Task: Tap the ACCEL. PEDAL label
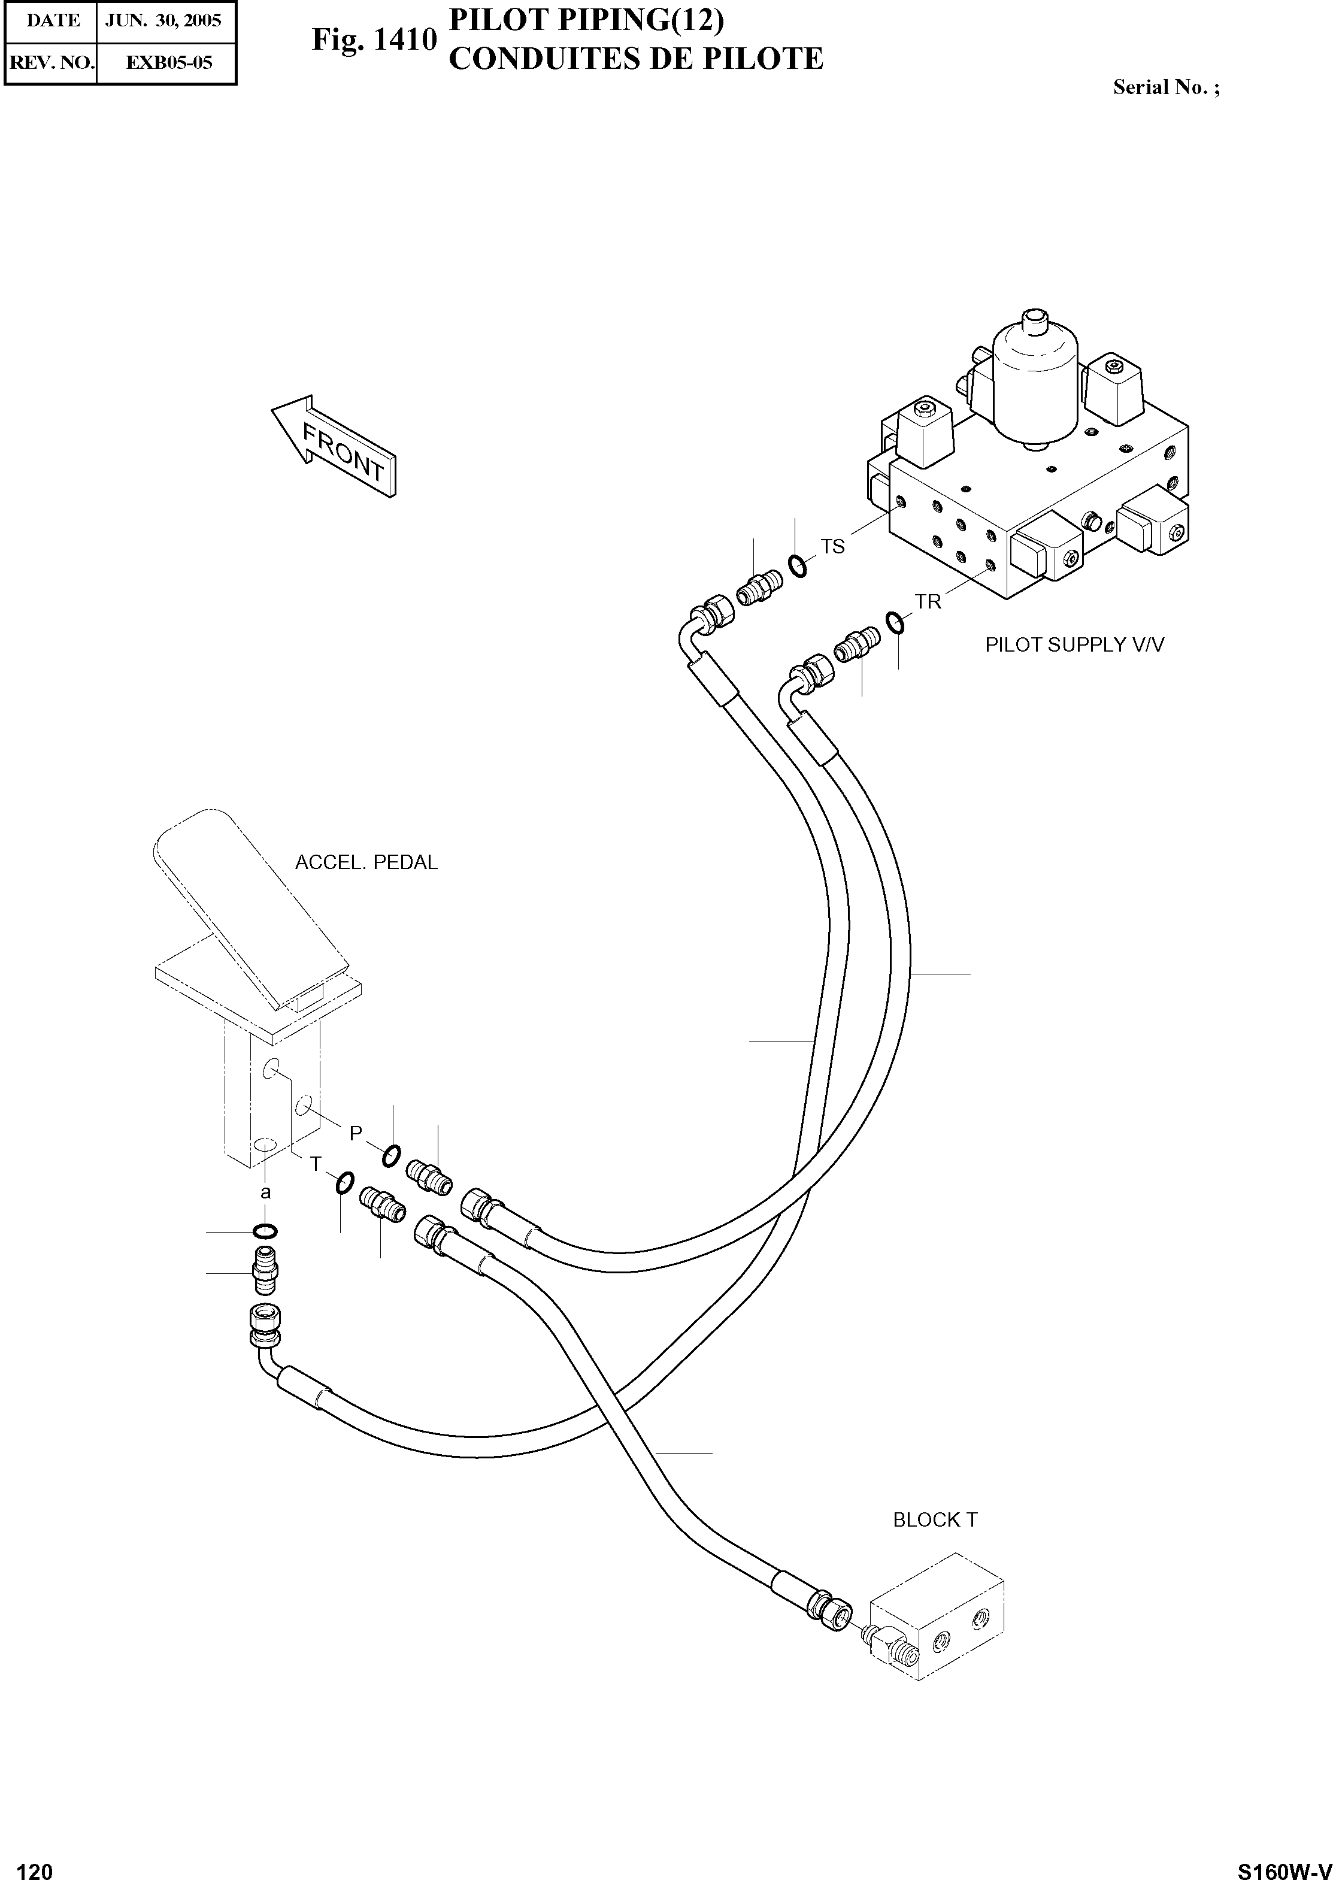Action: pos(366,863)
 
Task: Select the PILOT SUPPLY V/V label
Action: pos(1074,644)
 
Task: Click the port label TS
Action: pos(832,546)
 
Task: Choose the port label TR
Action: pos(928,602)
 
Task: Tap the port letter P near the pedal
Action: pos(356,1133)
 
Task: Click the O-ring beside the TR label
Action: pos(895,622)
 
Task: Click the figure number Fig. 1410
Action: pos(374,40)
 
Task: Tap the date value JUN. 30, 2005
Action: pos(163,20)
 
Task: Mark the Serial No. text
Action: pos(1165,87)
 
